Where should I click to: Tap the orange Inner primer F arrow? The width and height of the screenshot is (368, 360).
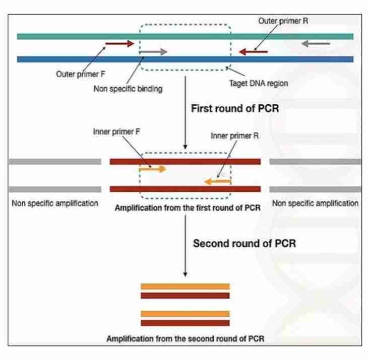pos(153,169)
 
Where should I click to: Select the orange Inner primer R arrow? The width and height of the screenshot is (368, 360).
pos(218,180)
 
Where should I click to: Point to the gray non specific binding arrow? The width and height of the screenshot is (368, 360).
pos(153,51)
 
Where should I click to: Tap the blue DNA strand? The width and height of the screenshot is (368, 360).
pos(76,59)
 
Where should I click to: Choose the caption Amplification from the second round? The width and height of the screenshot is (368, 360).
pos(185,338)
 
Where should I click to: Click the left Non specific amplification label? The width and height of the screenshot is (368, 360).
pos(54,204)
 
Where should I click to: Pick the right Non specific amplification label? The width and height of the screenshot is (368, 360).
pos(315,204)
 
